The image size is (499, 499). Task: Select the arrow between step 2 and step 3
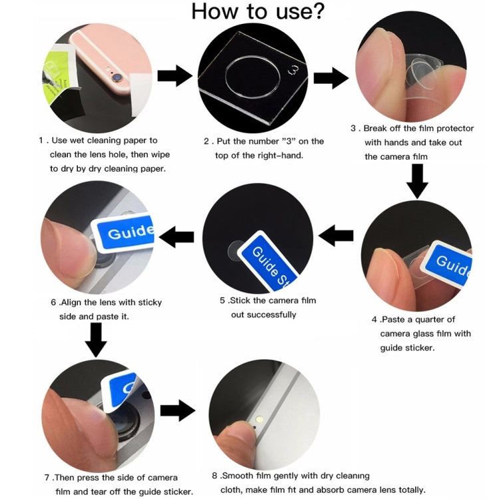point(331,78)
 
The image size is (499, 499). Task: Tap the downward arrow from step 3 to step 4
point(417,180)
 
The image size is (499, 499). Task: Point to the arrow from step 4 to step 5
point(337,235)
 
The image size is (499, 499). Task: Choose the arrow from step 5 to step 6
point(176,236)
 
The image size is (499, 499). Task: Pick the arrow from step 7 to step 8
point(177,411)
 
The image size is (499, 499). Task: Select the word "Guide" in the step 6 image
point(130,234)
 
